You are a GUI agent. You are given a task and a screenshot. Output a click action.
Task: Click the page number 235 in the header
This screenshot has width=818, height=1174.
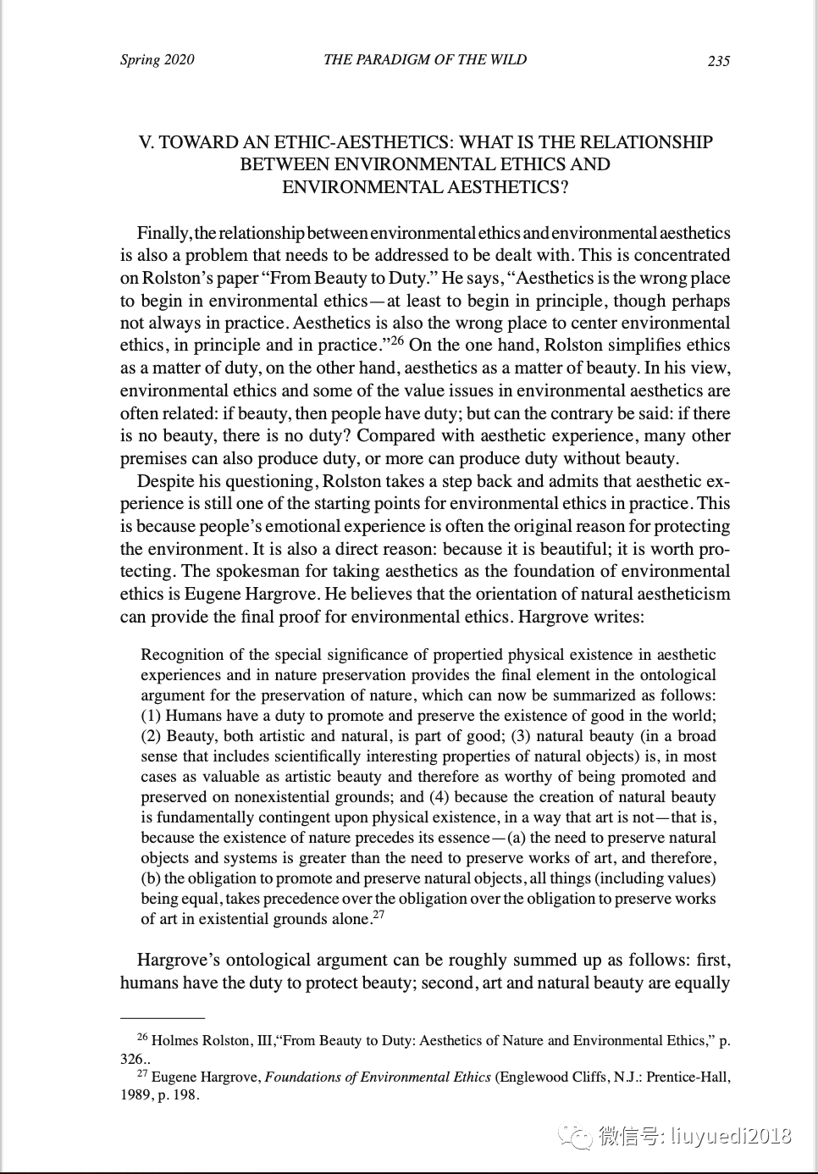click(718, 60)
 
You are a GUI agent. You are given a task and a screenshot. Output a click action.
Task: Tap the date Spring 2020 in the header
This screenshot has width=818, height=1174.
click(157, 59)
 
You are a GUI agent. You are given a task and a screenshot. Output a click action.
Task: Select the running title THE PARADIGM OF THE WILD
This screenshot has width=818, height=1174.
click(424, 59)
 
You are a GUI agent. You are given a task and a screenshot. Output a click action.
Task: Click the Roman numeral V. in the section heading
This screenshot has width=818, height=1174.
click(146, 142)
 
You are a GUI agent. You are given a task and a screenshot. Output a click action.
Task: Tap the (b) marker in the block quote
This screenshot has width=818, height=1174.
click(151, 878)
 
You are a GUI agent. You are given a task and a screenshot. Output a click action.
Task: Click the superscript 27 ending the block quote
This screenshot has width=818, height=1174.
click(379, 915)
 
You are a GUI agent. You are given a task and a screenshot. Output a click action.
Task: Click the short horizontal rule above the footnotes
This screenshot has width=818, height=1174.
click(163, 1016)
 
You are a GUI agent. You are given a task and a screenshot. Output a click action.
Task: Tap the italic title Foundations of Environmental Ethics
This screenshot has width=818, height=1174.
click(378, 1077)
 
